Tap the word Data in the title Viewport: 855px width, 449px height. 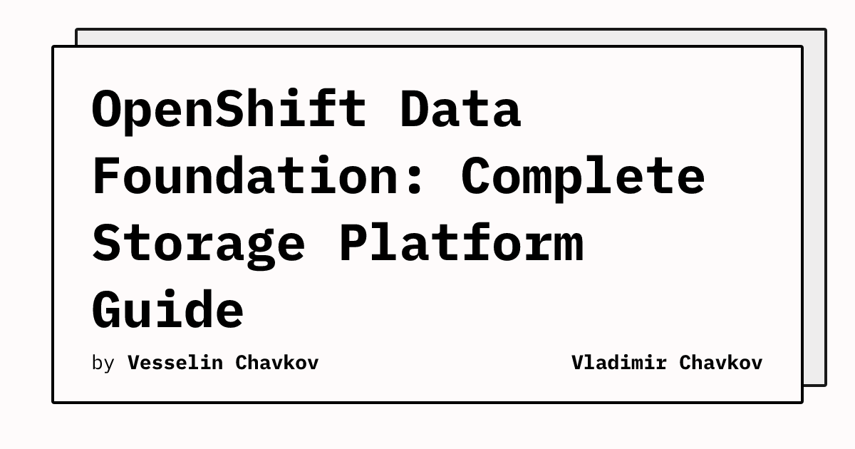(x=460, y=108)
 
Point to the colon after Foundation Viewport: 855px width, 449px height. (x=415, y=180)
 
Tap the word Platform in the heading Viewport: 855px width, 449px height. (x=462, y=242)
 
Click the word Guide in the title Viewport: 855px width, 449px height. (x=167, y=309)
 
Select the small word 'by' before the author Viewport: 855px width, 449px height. (x=103, y=363)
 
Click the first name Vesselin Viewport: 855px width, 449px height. (x=175, y=363)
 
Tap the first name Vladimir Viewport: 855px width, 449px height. (x=618, y=363)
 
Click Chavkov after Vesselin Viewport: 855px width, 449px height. (x=277, y=363)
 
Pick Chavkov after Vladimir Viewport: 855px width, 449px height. (x=720, y=363)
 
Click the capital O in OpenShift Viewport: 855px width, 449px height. (x=107, y=108)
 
